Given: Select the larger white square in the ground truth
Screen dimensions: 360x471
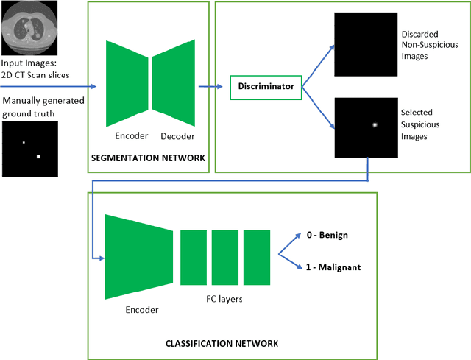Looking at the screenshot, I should [39, 157].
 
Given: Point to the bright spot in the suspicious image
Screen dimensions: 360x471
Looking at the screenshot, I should [375, 125].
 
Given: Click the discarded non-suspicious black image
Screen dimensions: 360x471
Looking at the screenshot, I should [364, 45].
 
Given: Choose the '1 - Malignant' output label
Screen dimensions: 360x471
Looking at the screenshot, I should [333, 267].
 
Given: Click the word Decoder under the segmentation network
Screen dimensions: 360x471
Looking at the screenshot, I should [174, 135].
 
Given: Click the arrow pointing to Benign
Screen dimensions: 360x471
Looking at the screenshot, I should [291, 244].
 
